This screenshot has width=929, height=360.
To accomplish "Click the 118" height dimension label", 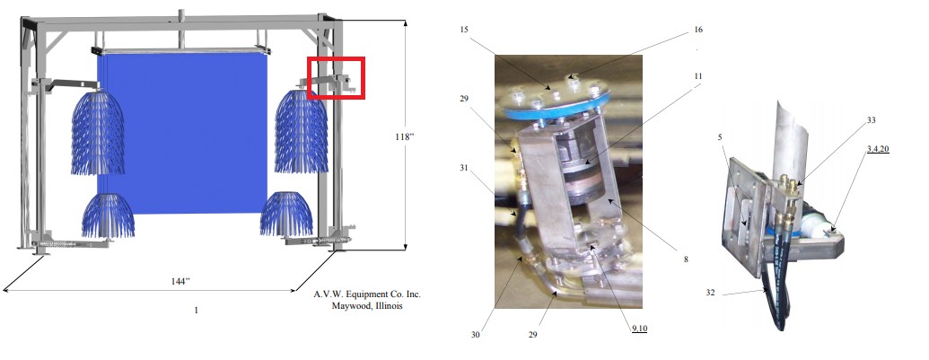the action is coord(404,136).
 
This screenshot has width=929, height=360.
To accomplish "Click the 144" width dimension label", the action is coord(180,281).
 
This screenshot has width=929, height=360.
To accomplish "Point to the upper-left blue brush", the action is coord(98,133).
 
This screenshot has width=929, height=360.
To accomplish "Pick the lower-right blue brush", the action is coord(286,214).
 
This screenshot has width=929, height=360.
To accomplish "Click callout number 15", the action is coord(464,29).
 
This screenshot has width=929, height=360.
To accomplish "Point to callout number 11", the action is coord(698,76).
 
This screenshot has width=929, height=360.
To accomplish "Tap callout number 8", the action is coord(686,259).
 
